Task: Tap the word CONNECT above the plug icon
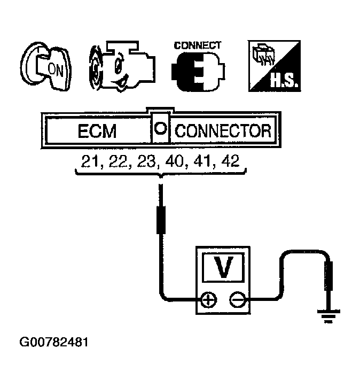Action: [x=198, y=45]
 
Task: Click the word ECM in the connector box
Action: [x=97, y=131]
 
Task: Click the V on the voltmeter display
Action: [x=222, y=266]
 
